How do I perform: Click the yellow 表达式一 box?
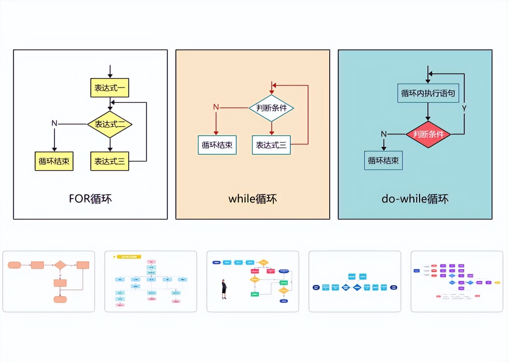tap(109, 88)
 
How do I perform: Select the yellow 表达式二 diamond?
tap(110, 124)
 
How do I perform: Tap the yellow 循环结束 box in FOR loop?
tap(54, 161)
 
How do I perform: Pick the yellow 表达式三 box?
tap(109, 161)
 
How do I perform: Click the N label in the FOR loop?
tap(54, 123)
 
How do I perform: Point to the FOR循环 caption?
tap(90, 199)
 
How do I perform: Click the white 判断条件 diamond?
tap(271, 108)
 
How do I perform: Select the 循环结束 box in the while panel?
tap(217, 145)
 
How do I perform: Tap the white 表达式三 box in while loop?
tap(271, 145)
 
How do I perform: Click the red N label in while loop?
tap(216, 107)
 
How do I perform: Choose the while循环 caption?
tap(252, 199)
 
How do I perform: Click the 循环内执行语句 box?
tap(428, 93)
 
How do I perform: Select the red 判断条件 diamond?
tap(428, 134)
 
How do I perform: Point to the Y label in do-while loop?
tap(464, 109)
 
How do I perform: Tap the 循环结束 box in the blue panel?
tap(383, 161)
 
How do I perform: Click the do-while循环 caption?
tap(415, 199)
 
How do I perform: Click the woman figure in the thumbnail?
tap(224, 289)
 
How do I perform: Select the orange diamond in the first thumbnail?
tap(60, 265)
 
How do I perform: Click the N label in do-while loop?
tap(384, 134)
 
